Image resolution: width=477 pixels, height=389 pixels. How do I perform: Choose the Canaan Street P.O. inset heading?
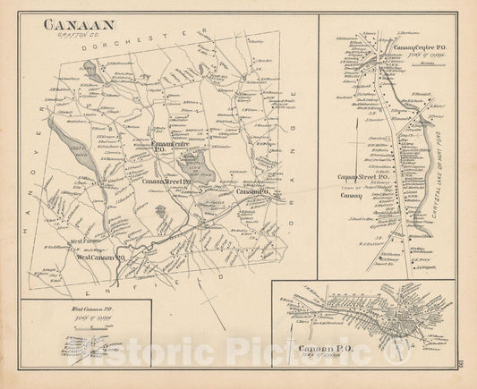pos(361,177)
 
